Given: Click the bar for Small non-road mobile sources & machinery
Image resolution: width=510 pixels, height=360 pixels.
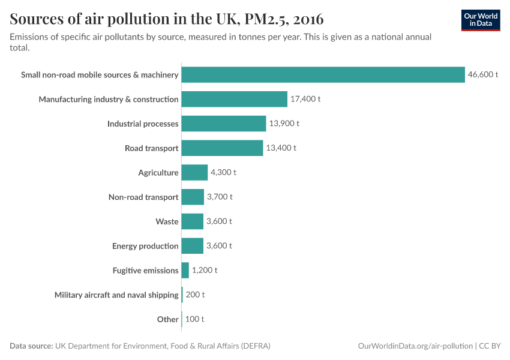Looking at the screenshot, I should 323,74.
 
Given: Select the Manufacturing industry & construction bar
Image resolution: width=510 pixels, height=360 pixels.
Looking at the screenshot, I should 234,99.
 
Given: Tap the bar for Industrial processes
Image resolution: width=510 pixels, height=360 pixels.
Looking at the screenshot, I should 223,124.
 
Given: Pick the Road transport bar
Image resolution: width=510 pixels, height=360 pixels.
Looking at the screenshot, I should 222,148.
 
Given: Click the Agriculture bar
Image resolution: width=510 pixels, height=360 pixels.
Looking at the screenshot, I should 194,173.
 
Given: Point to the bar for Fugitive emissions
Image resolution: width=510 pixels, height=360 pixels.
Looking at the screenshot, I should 185,271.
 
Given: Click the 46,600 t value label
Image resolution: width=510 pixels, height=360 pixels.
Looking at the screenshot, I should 483,74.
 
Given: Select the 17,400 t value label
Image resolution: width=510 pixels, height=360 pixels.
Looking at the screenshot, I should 305,99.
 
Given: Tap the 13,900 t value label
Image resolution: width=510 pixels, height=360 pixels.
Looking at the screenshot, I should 284,124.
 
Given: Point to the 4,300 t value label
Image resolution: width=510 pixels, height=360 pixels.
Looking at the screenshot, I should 223,173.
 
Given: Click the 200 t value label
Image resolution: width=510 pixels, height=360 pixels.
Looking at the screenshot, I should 195,295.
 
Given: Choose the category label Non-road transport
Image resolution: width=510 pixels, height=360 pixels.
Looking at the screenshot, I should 143,197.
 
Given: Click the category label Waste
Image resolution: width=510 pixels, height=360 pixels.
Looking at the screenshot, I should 167,221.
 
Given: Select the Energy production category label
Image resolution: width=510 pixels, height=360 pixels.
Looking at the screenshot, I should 145,246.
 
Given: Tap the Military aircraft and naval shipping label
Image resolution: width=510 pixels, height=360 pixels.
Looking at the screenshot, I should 116,295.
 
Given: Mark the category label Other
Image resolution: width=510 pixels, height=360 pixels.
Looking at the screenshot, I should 167,319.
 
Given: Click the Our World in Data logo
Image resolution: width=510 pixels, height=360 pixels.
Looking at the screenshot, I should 481,20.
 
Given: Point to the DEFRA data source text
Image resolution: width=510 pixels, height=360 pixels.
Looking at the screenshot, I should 163,346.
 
